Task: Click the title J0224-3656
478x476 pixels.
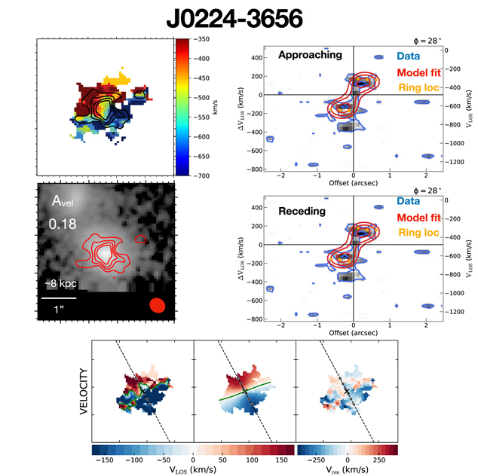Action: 241,17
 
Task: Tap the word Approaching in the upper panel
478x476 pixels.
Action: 309,55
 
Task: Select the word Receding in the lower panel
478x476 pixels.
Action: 302,212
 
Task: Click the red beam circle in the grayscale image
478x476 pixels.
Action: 157,305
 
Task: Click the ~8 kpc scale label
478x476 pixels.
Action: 61,284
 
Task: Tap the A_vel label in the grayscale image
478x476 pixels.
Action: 63,201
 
